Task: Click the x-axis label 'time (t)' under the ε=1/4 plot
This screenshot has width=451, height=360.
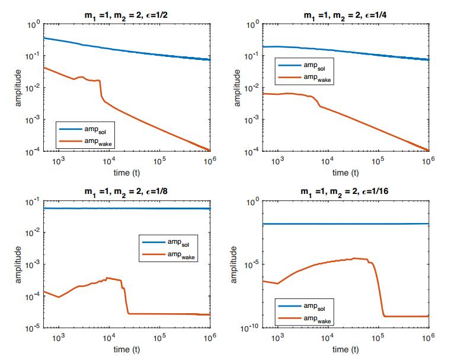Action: pyautogui.click(x=345, y=173)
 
